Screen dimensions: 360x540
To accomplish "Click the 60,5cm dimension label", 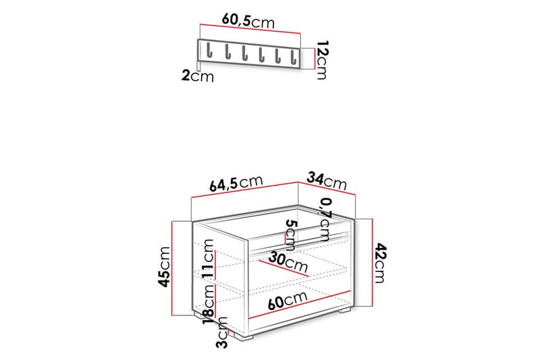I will click(248, 22).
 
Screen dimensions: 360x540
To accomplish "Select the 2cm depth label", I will click(197, 76).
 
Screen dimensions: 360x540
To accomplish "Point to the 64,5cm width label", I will click(235, 183).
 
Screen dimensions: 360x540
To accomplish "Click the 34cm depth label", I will click(327, 181).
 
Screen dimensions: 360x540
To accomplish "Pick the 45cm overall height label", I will click(163, 267).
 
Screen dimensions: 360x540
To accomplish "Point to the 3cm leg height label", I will click(221, 336).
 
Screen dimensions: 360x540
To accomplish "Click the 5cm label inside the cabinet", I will click(290, 233).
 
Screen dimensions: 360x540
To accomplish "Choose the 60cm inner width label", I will click(290, 299).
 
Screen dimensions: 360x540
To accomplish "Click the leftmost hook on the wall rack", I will click(209, 51).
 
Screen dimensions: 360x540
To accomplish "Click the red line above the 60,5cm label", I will click(250, 32).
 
